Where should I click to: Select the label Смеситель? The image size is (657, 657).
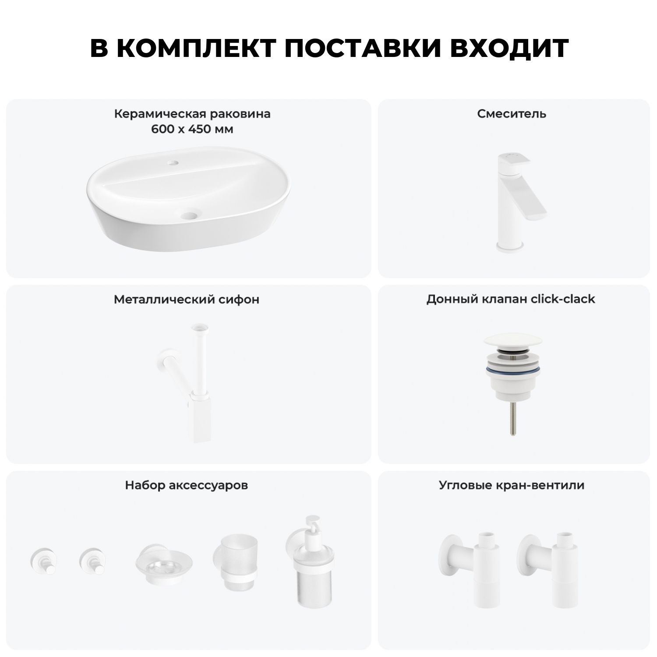click(x=512, y=114)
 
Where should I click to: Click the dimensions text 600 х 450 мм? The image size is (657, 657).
click(x=192, y=130)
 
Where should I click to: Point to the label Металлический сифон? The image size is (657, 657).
click(x=187, y=300)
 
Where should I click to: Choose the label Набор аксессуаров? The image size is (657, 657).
click(x=187, y=485)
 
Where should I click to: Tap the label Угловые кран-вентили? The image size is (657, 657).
click(x=512, y=485)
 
